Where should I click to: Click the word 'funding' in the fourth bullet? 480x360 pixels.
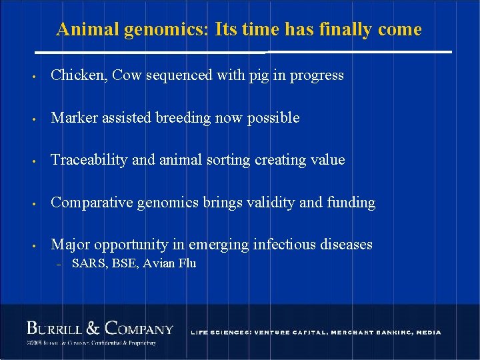(x=351, y=203)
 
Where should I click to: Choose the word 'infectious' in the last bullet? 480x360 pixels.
(x=283, y=245)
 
